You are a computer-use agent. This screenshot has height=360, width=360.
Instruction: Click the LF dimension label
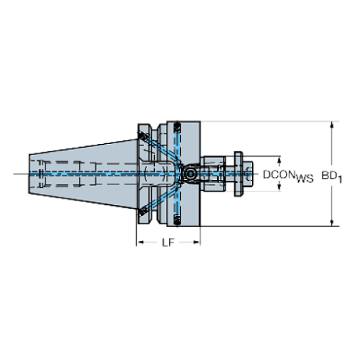tap(168, 242)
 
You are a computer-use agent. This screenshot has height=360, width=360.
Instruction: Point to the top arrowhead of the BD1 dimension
tap(332, 124)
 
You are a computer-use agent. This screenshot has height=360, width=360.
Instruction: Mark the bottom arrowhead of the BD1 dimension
tap(332, 220)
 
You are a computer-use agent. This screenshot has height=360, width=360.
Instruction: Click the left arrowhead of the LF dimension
tap(139, 242)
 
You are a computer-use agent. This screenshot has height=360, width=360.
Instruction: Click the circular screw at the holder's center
tap(190, 173)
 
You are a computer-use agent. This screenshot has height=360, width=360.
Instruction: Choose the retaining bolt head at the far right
tap(240, 173)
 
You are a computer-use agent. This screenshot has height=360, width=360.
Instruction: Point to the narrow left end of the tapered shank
tap(32, 173)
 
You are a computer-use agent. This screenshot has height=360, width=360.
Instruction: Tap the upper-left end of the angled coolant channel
tap(139, 135)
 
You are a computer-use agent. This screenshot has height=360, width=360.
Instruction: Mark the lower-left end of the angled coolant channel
tap(139, 212)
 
